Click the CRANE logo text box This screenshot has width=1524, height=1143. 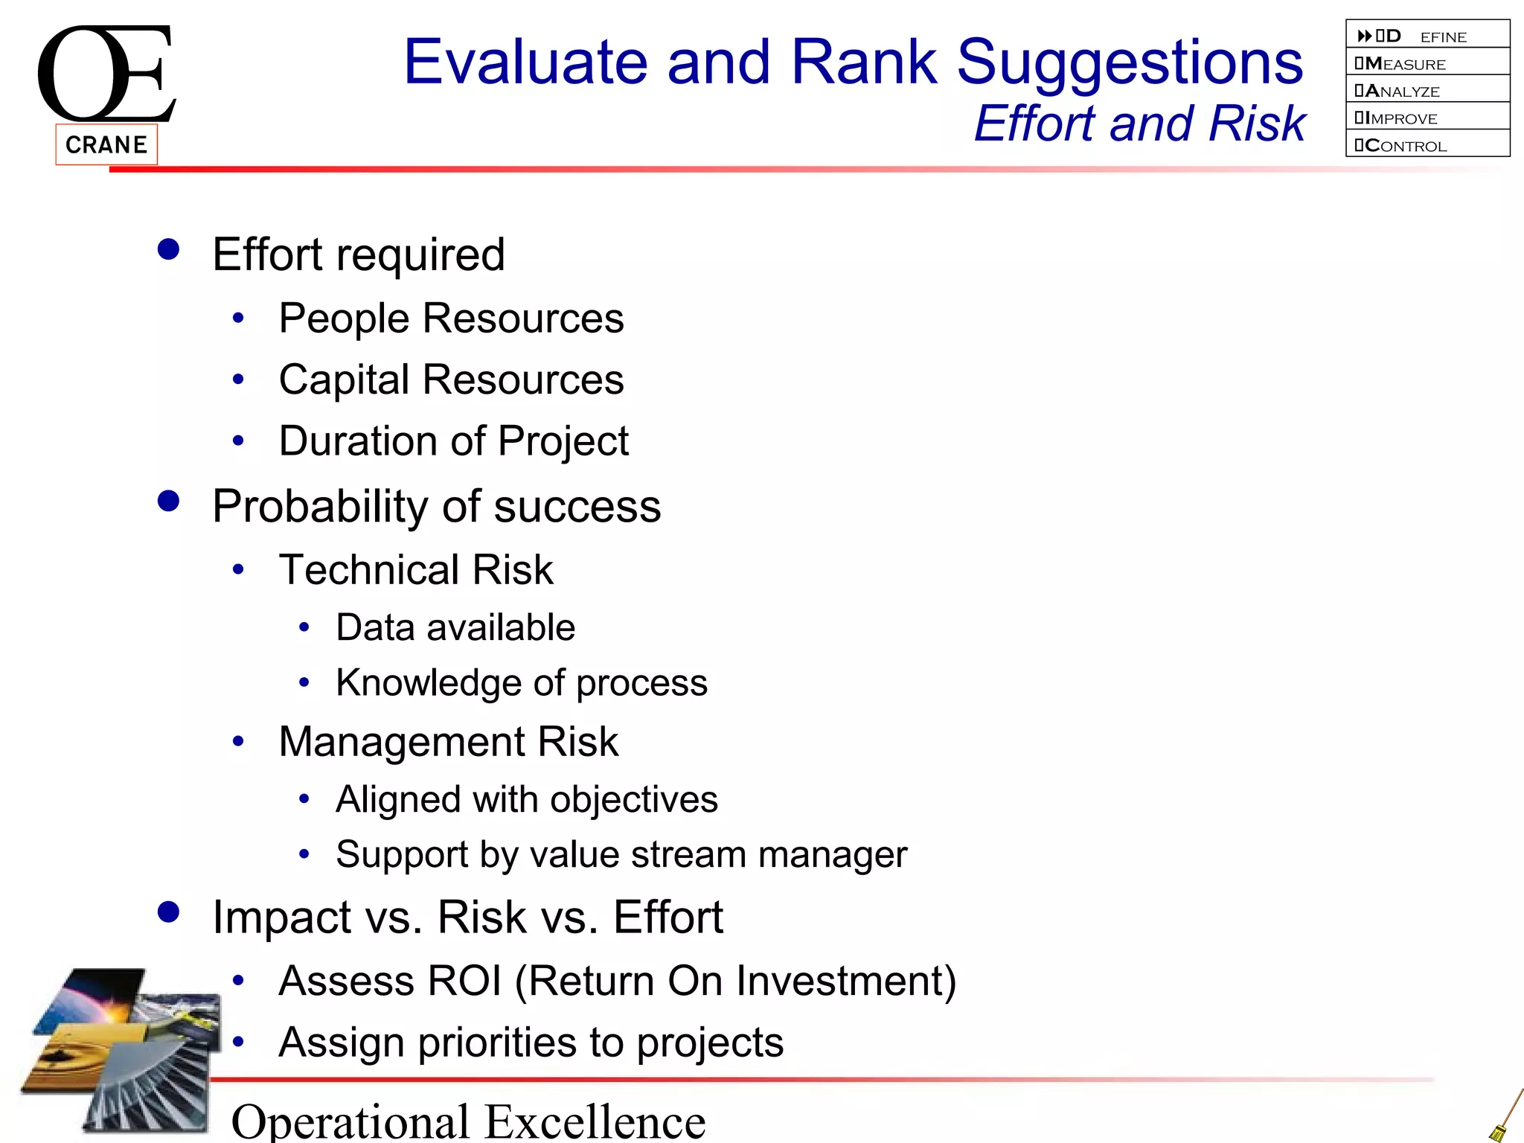[106, 144]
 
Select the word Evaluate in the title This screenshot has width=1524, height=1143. [525, 63]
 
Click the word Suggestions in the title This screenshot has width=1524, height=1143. [1129, 64]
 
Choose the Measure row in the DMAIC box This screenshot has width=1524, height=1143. [1427, 64]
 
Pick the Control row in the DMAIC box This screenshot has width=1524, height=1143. [1427, 146]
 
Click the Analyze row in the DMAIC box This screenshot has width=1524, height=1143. [1427, 91]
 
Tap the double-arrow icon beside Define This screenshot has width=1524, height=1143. [1364, 36]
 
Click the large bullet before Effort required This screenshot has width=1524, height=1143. [169, 249]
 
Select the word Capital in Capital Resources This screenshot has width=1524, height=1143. [344, 381]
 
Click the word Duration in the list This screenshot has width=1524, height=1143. [357, 441]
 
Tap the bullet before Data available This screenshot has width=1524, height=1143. [304, 628]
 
